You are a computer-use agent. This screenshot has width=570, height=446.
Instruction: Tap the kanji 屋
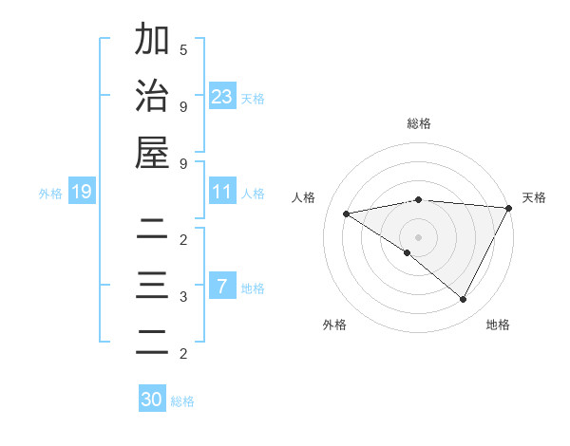(152, 153)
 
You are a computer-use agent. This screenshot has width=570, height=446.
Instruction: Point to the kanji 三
(152, 286)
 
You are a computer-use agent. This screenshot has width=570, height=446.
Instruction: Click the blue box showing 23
(222, 96)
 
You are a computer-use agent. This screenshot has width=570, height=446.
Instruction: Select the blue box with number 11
(222, 193)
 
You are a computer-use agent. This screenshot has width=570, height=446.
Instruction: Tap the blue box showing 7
(222, 287)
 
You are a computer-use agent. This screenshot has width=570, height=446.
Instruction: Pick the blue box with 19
(81, 193)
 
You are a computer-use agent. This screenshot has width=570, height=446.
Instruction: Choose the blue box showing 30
(152, 400)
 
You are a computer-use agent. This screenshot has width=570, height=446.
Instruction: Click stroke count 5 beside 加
(183, 49)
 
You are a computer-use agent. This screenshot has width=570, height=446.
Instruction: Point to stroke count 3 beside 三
(183, 297)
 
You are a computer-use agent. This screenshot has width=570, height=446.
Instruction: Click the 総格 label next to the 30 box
(182, 401)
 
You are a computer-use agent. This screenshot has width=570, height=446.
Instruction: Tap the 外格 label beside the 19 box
(50, 194)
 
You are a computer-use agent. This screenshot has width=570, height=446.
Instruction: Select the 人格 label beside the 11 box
(253, 194)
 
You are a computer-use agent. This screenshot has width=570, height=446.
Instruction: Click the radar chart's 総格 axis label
(419, 123)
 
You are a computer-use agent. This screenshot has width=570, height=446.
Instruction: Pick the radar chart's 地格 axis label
(498, 325)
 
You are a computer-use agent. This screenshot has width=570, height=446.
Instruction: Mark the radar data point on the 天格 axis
(509, 209)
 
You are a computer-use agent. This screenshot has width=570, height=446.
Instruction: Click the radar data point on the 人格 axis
(347, 214)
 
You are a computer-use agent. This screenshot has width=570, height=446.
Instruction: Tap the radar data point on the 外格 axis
(408, 252)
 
